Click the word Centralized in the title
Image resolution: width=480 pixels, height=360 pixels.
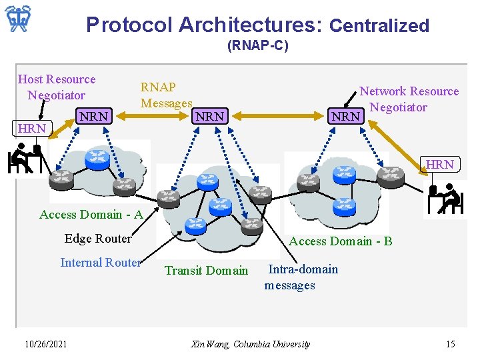379,26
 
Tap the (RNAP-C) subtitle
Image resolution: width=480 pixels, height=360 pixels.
258,47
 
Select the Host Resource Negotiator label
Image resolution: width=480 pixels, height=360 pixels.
57,87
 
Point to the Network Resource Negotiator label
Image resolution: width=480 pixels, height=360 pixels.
409,99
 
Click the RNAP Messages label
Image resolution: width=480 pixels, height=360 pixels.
166,95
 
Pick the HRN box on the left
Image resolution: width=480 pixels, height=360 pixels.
32,128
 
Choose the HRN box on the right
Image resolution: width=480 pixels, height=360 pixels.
440,164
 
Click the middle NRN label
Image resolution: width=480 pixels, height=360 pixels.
209,116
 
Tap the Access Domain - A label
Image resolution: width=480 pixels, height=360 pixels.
91,214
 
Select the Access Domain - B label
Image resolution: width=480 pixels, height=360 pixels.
340,241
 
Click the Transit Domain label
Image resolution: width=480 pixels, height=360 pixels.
206,270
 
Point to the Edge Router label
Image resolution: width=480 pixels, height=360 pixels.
98,238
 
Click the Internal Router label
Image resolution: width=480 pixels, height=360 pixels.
101,262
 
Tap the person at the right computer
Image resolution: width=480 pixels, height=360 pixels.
448,199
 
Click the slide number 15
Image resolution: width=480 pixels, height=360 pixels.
450,344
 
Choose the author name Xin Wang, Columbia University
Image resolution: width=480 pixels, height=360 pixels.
250,344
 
